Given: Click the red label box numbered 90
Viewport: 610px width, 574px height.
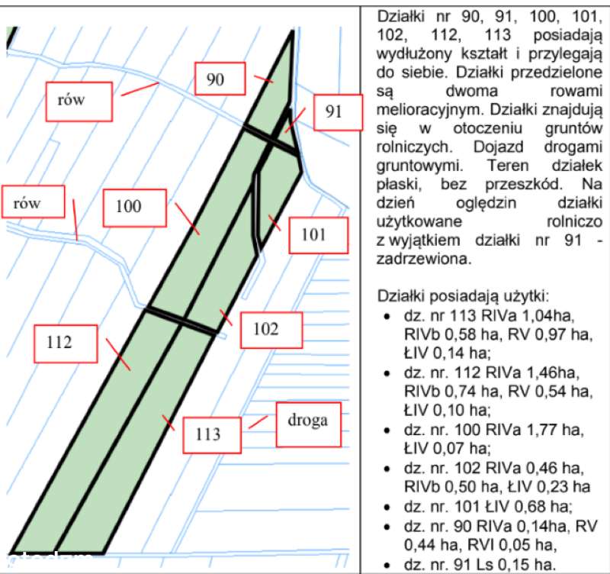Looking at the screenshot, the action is point(220,79).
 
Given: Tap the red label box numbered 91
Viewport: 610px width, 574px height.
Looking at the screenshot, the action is point(338,112).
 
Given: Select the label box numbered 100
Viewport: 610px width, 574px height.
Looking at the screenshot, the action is point(135,208).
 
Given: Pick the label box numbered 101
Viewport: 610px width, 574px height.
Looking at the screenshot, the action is point(318,235).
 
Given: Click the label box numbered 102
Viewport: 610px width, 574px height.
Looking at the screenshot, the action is point(271,330).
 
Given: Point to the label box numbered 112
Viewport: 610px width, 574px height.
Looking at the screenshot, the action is point(66,343).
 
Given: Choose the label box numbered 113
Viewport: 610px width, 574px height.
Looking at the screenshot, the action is point(212,435).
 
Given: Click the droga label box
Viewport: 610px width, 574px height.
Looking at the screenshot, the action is point(309,424).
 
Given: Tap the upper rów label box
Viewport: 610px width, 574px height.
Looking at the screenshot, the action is point(79,102).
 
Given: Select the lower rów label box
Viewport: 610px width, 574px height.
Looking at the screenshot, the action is point(33,202).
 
